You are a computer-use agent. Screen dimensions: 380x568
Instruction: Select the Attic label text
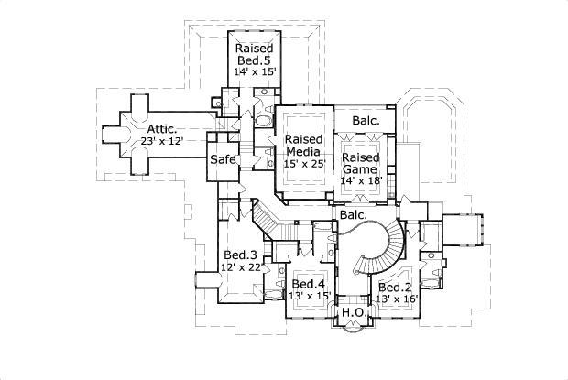(x=158, y=130)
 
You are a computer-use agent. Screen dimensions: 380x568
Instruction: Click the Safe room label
(x=223, y=159)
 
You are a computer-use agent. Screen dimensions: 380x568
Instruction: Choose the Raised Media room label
(x=303, y=147)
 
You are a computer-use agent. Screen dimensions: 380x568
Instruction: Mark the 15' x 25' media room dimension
(x=303, y=164)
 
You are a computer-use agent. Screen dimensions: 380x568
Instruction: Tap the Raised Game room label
(x=360, y=163)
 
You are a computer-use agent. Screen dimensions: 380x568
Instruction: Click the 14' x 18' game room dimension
(x=360, y=181)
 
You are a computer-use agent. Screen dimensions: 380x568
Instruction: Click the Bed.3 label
(x=239, y=255)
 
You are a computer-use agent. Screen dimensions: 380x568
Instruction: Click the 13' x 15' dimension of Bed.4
(x=310, y=295)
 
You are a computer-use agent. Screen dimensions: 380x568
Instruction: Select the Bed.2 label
(x=396, y=286)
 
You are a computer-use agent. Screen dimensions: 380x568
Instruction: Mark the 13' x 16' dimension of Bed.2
(x=397, y=299)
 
